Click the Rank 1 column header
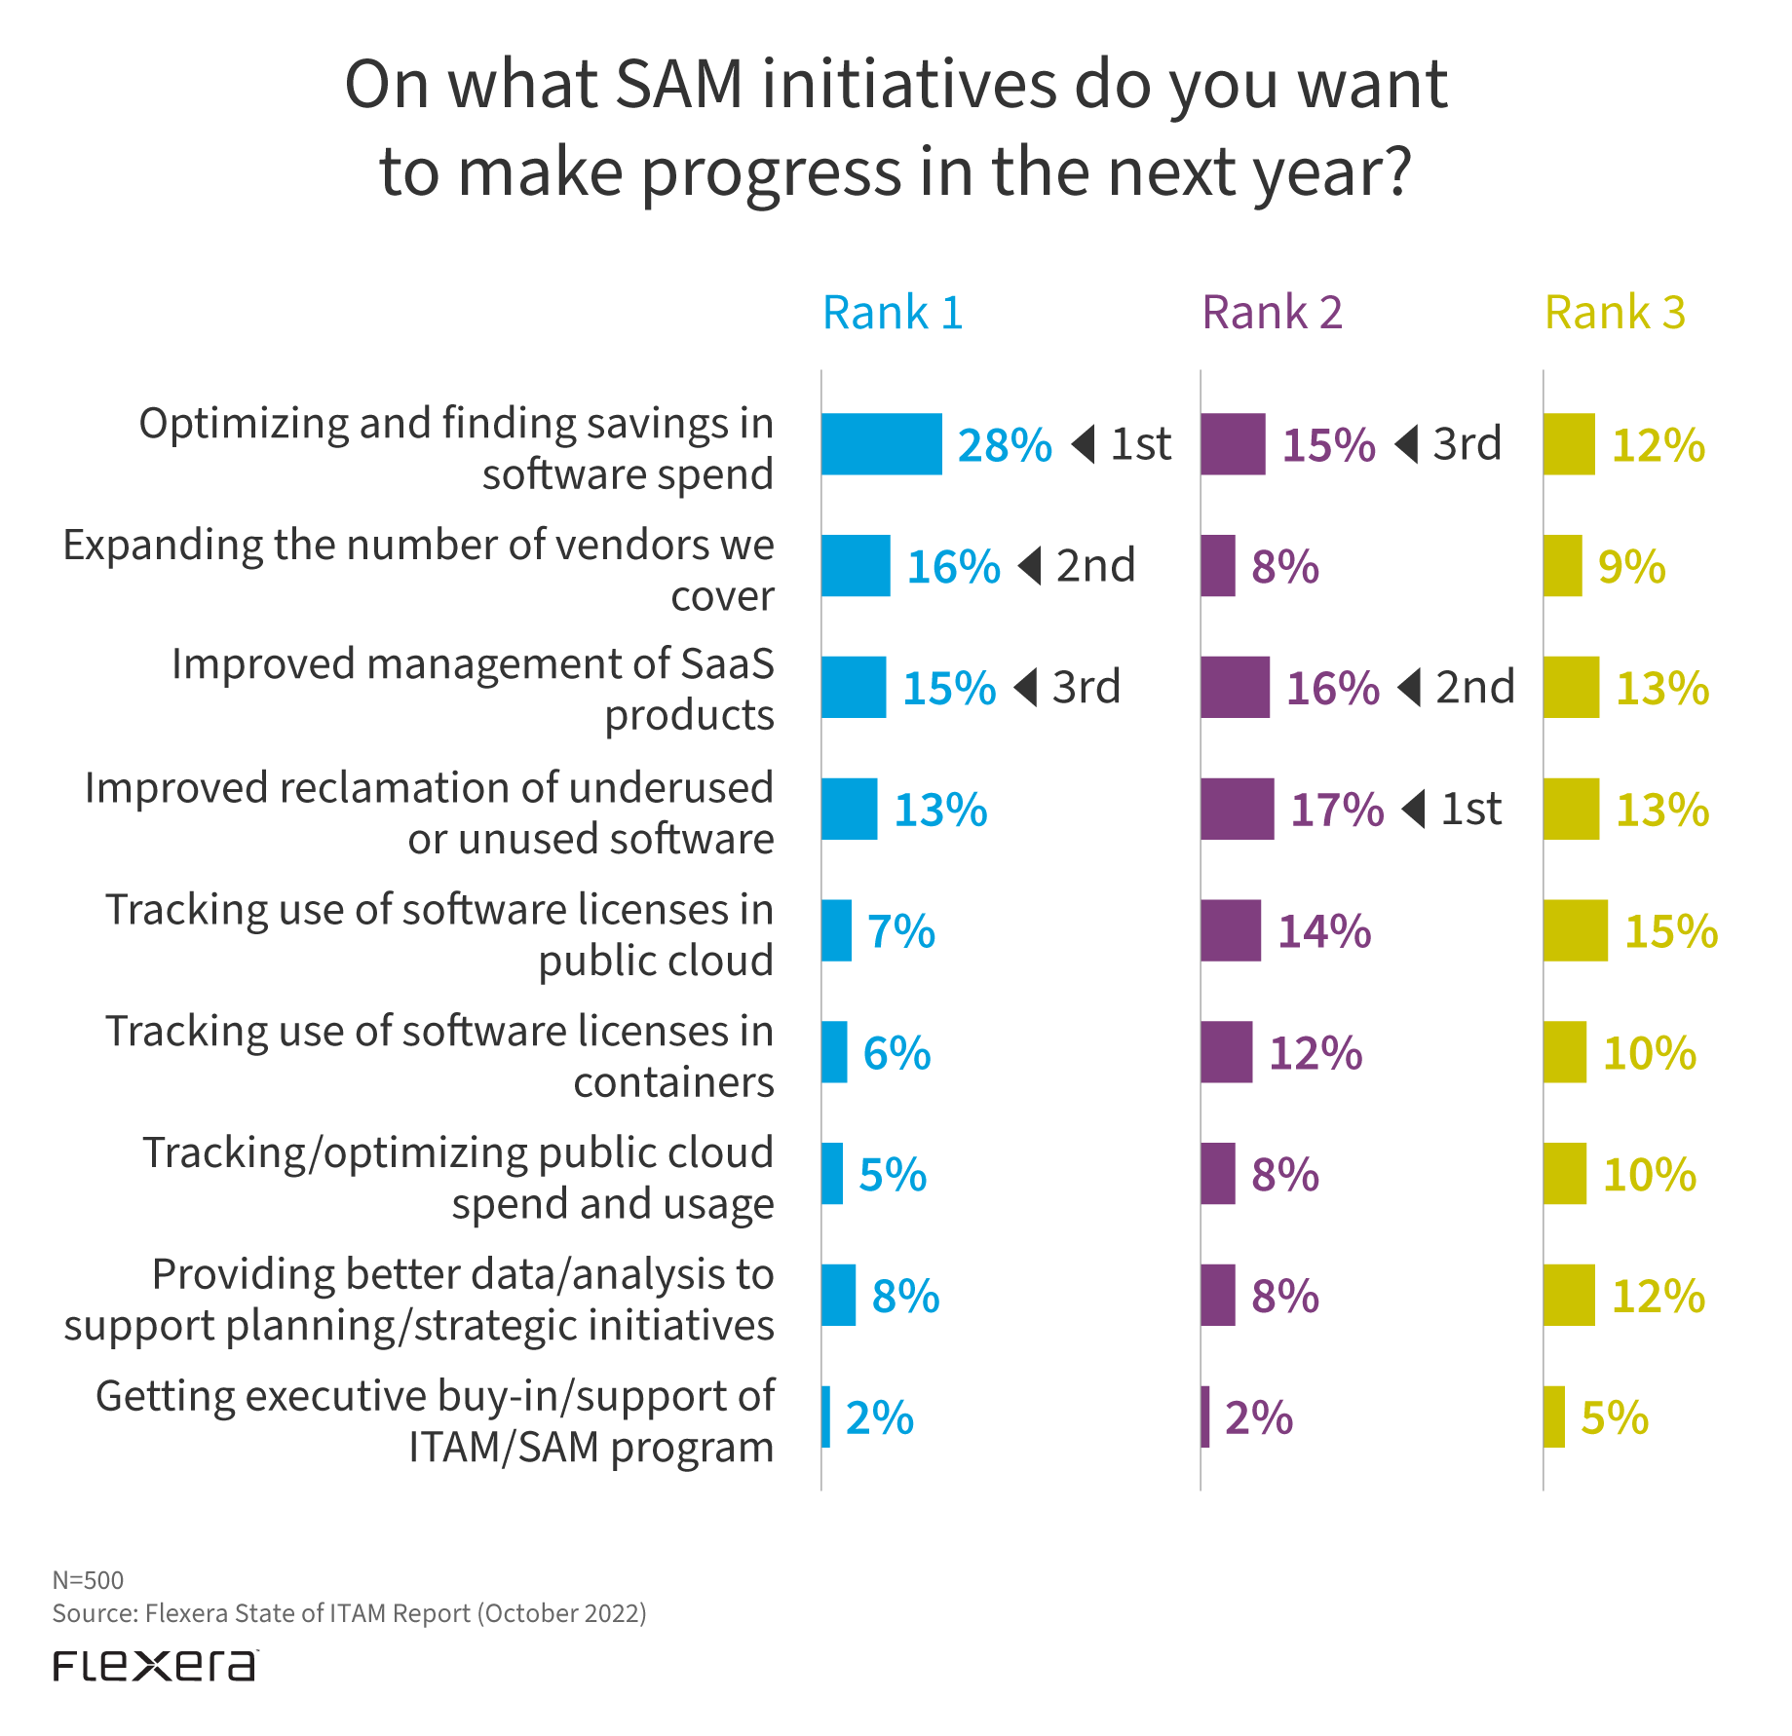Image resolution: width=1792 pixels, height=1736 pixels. [893, 314]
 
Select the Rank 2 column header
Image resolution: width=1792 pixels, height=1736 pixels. [1272, 314]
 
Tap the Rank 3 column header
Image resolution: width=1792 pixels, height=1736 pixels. [1615, 314]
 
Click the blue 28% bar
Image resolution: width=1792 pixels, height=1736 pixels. [881, 444]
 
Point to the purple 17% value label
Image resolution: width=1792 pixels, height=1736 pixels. [1337, 811]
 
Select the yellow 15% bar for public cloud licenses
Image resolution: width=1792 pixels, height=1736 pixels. [1575, 931]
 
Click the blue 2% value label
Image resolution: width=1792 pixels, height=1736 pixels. [879, 1418]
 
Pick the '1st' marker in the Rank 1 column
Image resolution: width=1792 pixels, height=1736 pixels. [1140, 444]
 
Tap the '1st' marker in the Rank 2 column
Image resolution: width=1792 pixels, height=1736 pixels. [1470, 810]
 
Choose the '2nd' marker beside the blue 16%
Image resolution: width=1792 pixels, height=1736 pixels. [1095, 566]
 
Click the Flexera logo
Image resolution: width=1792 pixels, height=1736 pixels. [155, 1665]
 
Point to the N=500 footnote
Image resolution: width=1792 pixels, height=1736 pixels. [88, 1580]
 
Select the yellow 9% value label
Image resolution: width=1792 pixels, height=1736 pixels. [1631, 567]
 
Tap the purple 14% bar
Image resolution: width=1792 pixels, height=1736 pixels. [1230, 931]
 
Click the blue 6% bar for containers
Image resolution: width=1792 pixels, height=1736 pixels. [833, 1052]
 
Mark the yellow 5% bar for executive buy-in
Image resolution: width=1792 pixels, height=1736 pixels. [1553, 1417]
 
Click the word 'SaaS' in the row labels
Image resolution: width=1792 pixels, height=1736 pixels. [727, 664]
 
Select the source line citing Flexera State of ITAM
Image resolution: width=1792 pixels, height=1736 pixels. [349, 1613]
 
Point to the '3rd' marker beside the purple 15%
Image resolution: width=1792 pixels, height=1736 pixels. [1467, 444]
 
